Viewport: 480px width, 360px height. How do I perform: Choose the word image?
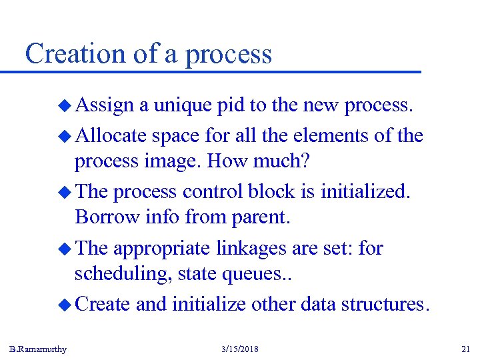click(x=174, y=161)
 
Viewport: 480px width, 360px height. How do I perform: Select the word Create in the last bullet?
click(x=103, y=304)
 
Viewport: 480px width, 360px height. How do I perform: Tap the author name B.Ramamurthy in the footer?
click(x=38, y=349)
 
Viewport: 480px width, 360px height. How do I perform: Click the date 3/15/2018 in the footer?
click(x=239, y=349)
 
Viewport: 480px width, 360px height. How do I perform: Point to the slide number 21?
click(x=465, y=349)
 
